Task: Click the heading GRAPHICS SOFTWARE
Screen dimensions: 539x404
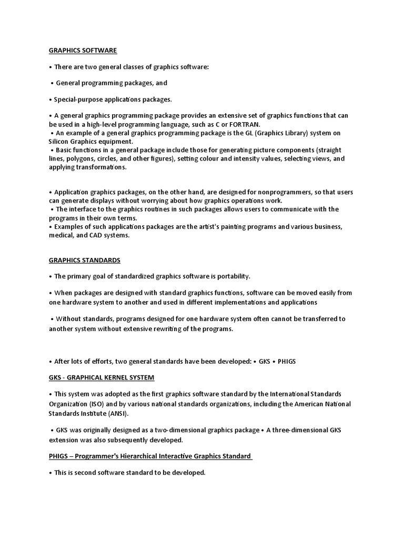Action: [83, 51]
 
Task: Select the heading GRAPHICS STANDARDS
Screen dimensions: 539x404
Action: [85, 260]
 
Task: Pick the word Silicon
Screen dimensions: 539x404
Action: [60, 142]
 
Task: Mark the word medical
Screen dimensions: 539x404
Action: [62, 235]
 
